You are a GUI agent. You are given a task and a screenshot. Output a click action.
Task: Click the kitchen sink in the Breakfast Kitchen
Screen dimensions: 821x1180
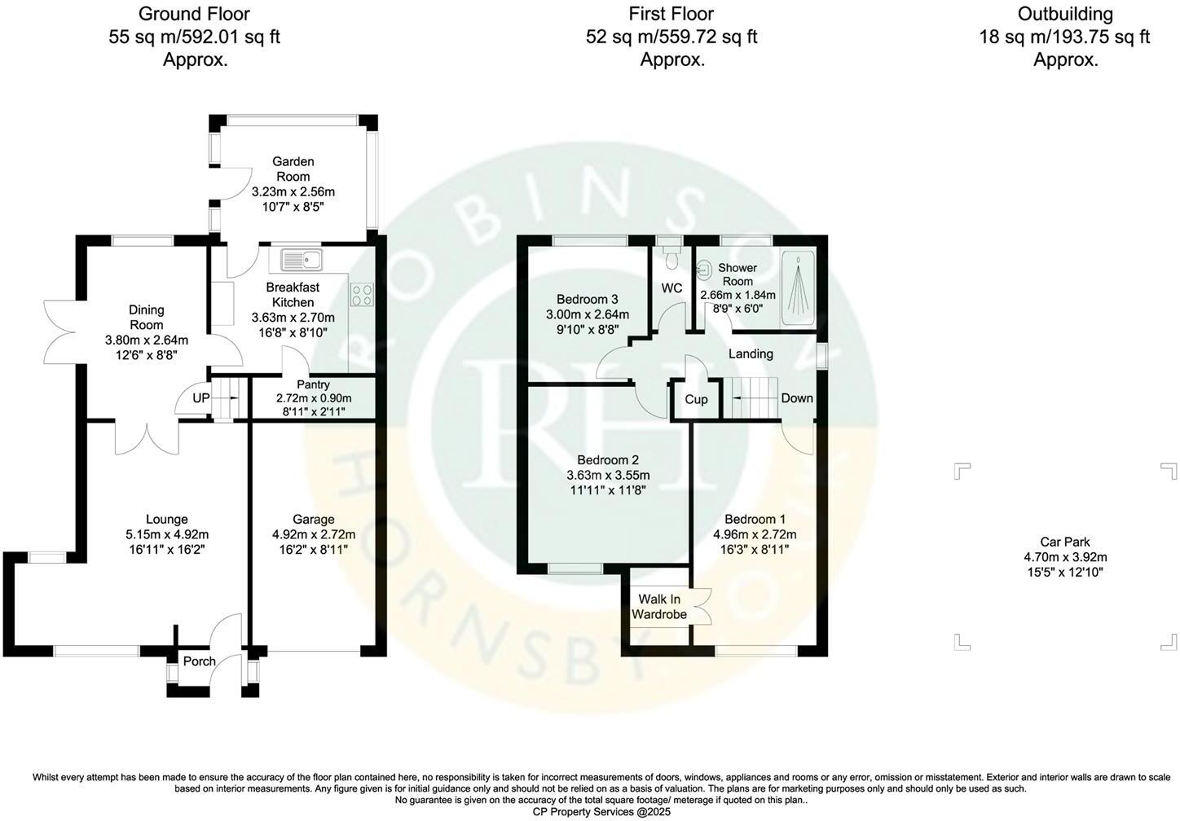click(301, 261)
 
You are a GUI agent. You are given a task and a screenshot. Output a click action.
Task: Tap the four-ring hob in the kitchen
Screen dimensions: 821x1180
click(362, 294)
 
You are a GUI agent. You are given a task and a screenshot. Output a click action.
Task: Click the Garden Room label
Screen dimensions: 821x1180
click(293, 169)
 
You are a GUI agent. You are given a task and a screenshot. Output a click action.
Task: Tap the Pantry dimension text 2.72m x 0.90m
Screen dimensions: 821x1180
click(313, 398)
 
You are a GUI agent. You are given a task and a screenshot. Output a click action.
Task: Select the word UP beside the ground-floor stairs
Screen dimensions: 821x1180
click(200, 398)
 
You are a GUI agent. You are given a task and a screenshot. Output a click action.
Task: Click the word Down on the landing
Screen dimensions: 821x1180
click(796, 398)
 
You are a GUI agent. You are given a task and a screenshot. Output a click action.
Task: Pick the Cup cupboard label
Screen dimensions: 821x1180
click(695, 400)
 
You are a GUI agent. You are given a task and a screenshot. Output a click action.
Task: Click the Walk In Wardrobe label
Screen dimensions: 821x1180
click(658, 607)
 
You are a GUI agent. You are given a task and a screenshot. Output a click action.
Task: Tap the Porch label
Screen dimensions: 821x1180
click(199, 661)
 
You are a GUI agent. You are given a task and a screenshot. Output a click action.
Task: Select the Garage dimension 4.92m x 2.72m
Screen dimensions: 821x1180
click(313, 534)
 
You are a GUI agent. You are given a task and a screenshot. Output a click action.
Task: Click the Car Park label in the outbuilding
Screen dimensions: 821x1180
click(1064, 542)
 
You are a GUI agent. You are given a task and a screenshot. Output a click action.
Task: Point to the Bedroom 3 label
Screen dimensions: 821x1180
click(587, 299)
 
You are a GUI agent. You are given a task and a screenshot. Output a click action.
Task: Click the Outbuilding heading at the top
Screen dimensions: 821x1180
click(1064, 14)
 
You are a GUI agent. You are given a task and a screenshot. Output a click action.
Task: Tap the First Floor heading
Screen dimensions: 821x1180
click(671, 14)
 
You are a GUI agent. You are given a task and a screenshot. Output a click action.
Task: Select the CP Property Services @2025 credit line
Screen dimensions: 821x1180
click(590, 812)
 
